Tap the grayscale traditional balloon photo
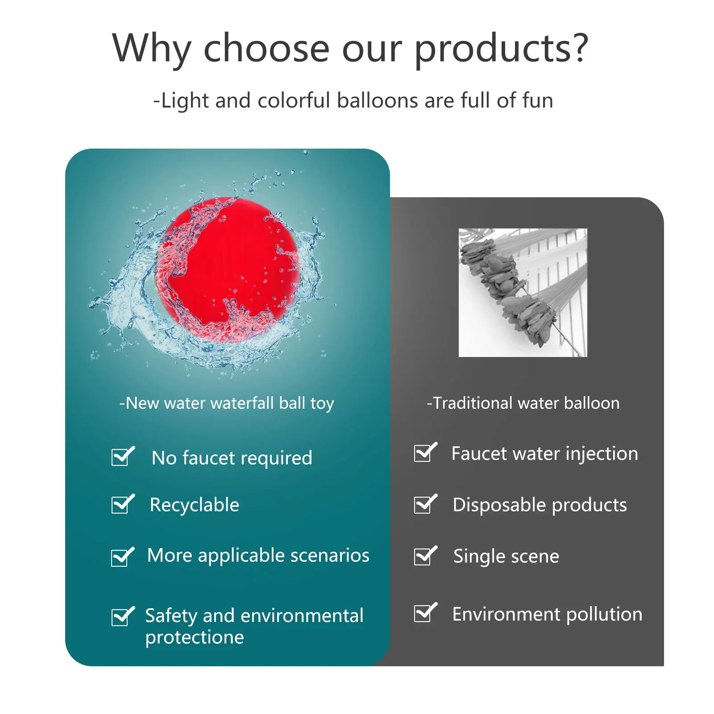(523, 292)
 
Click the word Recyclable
(195, 505)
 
